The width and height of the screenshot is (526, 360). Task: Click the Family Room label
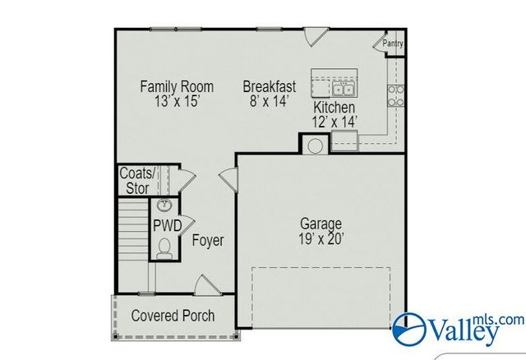[x=177, y=86]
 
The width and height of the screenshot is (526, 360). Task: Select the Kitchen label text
[x=335, y=108]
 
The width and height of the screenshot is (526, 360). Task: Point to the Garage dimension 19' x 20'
[x=321, y=239]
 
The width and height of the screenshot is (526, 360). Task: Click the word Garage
[x=321, y=224]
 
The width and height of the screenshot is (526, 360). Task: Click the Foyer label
[x=208, y=241]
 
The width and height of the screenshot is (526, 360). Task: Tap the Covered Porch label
[x=173, y=316]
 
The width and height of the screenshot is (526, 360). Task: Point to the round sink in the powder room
[x=164, y=205]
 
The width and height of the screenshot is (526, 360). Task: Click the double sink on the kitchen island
[x=344, y=88]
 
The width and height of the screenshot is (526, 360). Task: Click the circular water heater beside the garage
[x=313, y=145]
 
